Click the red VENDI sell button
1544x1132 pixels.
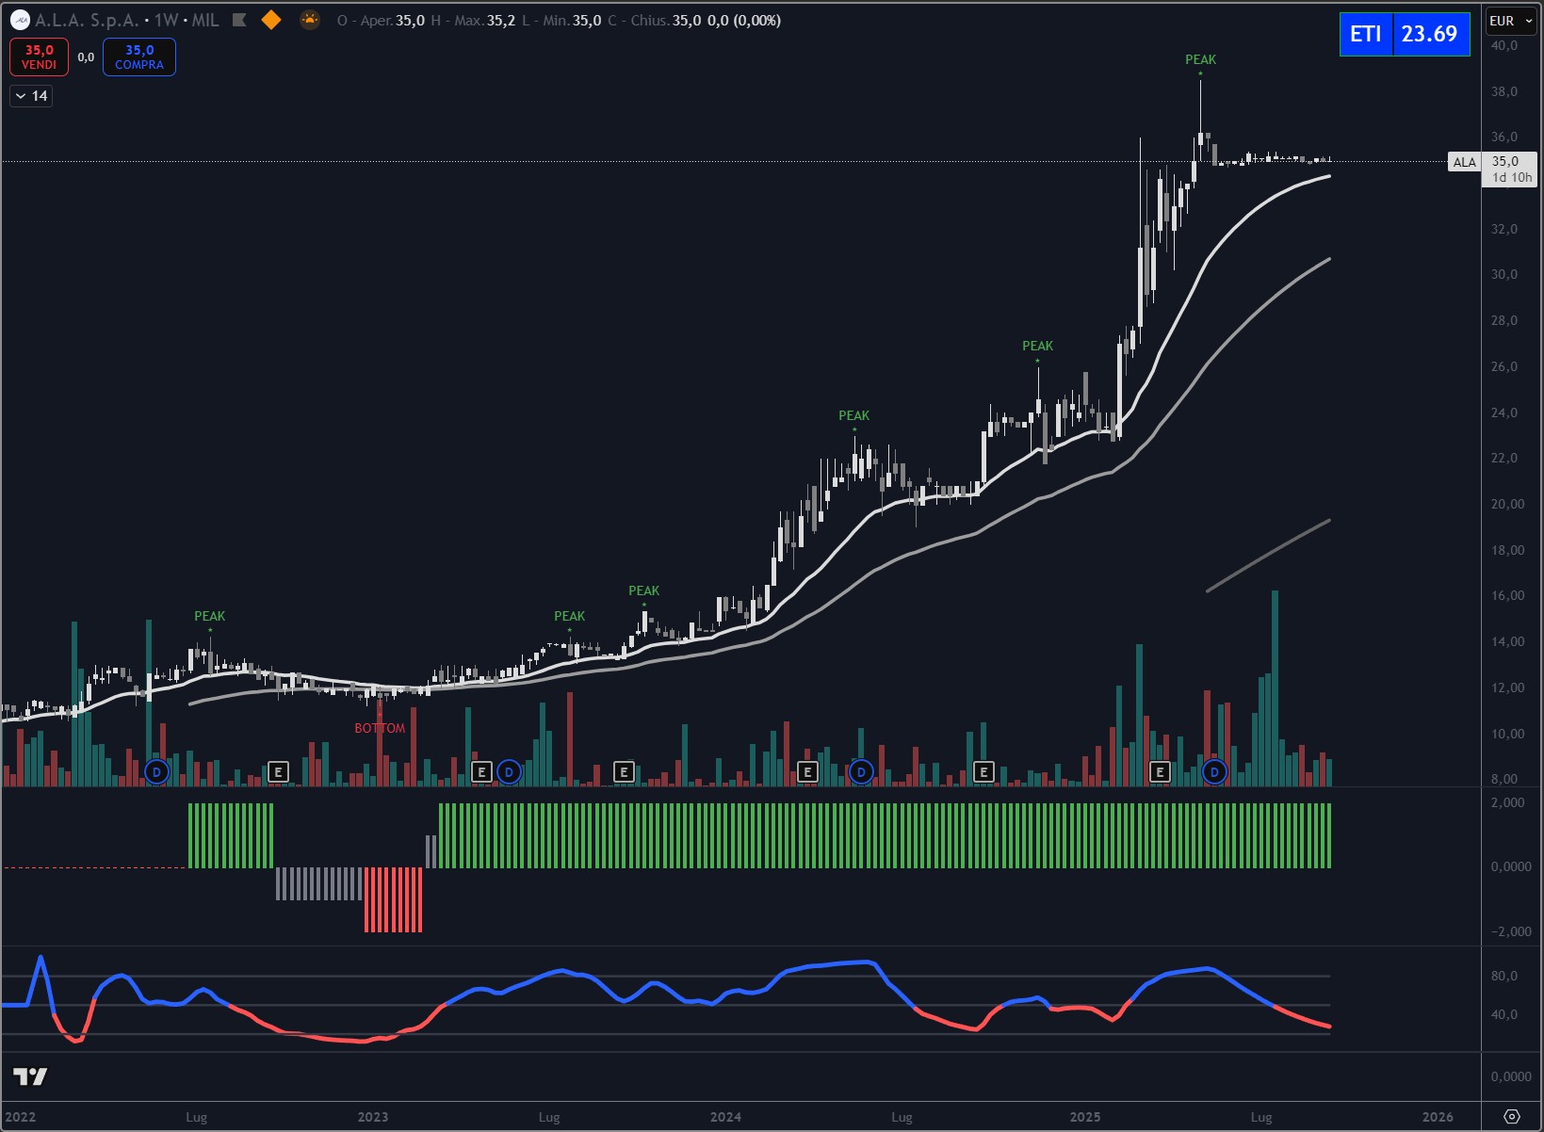coord(39,57)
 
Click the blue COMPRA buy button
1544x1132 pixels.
coord(139,57)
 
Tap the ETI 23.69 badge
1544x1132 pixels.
coord(1404,34)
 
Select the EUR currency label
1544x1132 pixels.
coord(1502,21)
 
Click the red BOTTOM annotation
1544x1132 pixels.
coord(380,728)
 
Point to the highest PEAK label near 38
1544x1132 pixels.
coord(1200,59)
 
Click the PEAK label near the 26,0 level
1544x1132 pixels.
coord(1037,346)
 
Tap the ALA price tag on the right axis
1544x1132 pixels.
coord(1464,162)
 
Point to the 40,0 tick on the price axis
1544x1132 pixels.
coord(1504,45)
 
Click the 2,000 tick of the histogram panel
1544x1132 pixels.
coord(1507,802)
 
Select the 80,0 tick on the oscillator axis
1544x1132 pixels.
coord(1504,976)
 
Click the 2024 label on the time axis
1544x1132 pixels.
coord(725,1117)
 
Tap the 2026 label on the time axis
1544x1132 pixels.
coord(1437,1117)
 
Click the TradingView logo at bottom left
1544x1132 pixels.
coord(30,1076)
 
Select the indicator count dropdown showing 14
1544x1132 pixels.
coord(31,96)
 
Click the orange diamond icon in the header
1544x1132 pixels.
coord(271,20)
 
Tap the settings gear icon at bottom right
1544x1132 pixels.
coord(1512,1117)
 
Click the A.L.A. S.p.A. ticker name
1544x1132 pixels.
coord(87,20)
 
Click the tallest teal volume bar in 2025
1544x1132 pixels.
coord(1275,687)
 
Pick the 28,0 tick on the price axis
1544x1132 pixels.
coord(1504,320)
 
